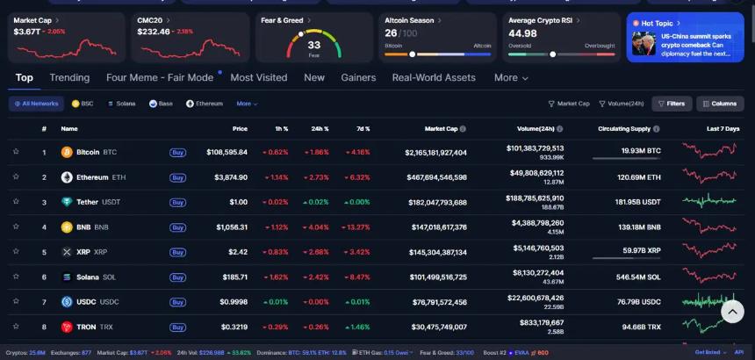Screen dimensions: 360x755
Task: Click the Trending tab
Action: (x=69, y=77)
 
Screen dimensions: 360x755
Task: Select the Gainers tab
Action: (x=358, y=77)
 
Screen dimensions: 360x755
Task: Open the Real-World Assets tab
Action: (x=434, y=77)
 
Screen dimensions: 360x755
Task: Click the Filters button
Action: (x=672, y=104)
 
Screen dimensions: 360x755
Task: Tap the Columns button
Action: (x=720, y=104)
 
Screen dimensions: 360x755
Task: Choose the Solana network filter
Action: (x=122, y=104)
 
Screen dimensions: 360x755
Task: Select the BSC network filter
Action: (x=83, y=104)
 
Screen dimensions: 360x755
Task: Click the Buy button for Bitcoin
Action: (x=177, y=153)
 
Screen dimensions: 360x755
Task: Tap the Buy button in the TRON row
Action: (x=177, y=327)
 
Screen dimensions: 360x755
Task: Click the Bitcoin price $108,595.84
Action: (x=226, y=153)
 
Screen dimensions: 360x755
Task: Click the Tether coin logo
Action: (x=66, y=202)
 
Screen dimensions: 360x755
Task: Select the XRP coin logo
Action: (x=66, y=252)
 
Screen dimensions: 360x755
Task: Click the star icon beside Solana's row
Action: (x=16, y=277)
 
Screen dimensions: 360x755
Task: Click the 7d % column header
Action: (x=362, y=128)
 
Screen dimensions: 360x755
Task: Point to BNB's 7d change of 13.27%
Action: (x=356, y=227)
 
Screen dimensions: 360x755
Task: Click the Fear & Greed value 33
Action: (x=313, y=45)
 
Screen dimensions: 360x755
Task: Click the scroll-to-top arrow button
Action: (x=733, y=311)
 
